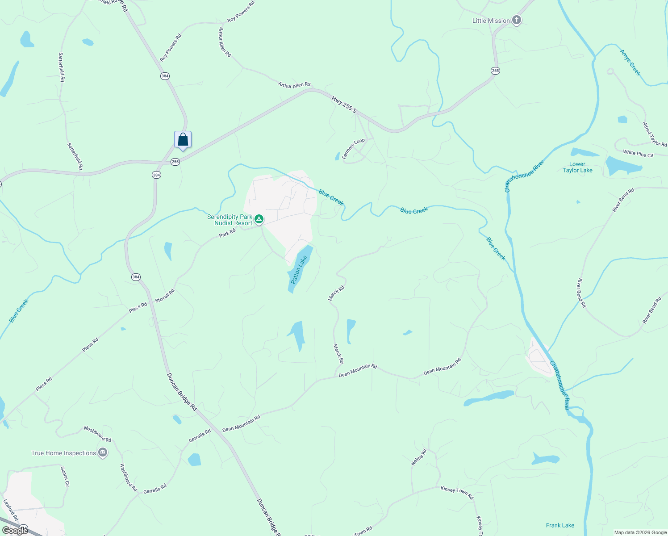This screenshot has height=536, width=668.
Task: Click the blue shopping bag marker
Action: coord(183,140)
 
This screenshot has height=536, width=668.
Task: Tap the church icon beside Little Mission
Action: coord(517,20)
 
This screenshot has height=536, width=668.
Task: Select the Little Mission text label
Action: coord(491,21)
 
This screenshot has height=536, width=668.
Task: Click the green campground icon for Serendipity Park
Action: coord(259,219)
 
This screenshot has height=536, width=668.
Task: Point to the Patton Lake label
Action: coord(299,269)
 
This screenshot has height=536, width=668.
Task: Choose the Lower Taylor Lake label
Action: coord(577,167)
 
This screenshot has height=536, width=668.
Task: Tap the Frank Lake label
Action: coord(560,525)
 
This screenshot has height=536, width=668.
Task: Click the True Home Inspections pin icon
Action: coord(103,453)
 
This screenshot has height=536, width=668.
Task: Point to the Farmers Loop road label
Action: coord(353,148)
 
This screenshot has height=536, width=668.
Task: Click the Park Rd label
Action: coord(227,233)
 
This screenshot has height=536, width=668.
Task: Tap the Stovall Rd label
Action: coord(165,296)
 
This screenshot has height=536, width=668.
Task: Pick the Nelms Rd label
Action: coord(419,457)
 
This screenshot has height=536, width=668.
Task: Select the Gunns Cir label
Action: coord(65,476)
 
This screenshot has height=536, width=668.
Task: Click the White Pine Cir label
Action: coord(638,154)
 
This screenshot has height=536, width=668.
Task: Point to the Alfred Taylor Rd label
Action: coord(655,134)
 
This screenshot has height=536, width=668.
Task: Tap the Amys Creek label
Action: coord(630,63)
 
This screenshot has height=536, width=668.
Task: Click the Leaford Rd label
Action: coord(11,510)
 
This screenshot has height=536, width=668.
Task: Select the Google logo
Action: coord(15,531)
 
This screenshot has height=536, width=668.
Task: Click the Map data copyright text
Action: coord(640,532)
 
